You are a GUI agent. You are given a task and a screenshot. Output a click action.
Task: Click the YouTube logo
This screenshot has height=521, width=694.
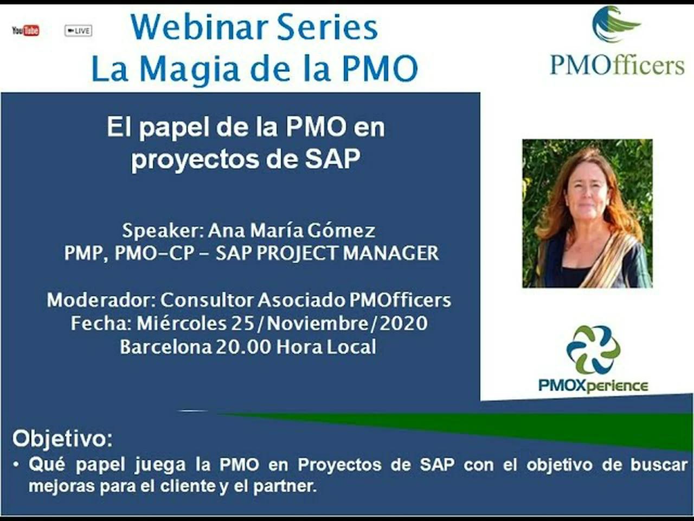(x=25, y=30)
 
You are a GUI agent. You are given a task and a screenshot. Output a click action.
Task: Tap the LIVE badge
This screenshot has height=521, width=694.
(x=78, y=31)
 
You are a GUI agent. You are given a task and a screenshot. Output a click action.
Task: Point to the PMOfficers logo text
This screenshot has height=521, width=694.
(x=617, y=65)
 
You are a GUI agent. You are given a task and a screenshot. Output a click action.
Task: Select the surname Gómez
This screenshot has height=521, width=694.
(x=341, y=230)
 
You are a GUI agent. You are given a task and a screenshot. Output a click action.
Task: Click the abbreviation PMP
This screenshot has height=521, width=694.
(x=83, y=253)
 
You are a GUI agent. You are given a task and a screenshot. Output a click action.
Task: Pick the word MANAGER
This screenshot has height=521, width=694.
(x=391, y=253)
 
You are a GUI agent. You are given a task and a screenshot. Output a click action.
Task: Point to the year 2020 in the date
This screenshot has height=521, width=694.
(x=403, y=323)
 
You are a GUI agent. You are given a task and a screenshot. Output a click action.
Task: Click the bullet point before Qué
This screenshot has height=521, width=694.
(x=17, y=465)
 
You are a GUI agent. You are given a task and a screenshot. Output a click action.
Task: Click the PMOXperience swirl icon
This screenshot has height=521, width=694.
(x=593, y=350)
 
